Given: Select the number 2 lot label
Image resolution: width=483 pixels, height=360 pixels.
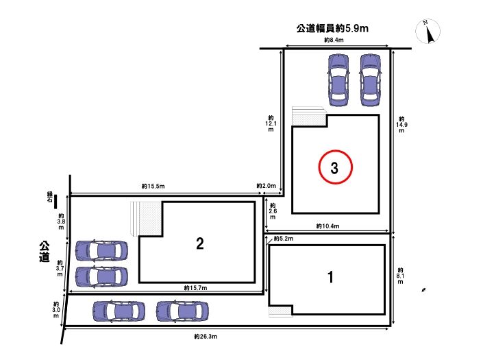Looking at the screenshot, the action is click(200, 243).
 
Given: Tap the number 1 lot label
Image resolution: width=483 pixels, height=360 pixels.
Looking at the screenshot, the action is click(330, 277).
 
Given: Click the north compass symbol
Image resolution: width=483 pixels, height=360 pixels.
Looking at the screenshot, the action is click(428, 31).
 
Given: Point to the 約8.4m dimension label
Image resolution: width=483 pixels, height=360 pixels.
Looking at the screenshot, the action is click(334, 40).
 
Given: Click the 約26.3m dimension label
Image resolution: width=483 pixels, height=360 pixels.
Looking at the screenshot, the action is click(206, 336).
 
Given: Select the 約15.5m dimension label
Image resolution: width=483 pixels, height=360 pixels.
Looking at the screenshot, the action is click(153, 186).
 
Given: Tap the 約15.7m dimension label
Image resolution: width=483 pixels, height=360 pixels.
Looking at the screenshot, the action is click(195, 288).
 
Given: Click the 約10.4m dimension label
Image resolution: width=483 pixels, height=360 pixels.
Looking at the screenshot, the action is click(327, 226).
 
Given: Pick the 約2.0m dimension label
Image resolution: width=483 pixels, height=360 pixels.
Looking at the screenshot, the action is click(266, 186).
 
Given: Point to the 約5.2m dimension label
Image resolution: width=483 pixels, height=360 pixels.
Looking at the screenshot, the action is click(284, 239).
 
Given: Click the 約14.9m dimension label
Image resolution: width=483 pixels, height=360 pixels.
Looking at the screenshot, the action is click(401, 125).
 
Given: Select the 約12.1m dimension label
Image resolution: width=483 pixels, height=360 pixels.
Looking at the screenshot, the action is click(271, 123).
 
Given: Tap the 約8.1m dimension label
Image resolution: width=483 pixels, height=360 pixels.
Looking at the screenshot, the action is click(400, 276).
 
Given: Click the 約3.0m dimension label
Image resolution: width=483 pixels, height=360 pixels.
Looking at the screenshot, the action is click(56, 310).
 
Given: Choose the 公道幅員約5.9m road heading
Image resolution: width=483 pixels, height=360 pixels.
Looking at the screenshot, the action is click(332, 28).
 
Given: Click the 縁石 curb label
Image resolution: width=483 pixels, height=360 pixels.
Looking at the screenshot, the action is click(50, 197).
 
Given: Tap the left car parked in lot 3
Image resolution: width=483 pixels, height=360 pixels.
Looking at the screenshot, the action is click(338, 80).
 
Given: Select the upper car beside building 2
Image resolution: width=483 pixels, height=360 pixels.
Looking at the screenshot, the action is click(101, 250).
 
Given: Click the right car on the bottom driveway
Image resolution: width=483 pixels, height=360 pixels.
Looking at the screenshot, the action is click(182, 311).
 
